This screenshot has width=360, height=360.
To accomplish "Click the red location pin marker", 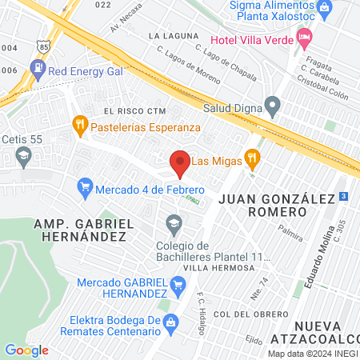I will tap(181, 163).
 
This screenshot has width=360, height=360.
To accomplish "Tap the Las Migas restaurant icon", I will tap(253, 156).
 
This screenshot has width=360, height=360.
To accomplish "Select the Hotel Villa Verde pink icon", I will tap(304, 37).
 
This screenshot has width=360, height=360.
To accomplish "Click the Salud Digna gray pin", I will tap(273, 106).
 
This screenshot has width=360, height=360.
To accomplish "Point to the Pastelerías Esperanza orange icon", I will tap(79, 126).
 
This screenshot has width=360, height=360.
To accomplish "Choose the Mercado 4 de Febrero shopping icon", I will tap(85, 189).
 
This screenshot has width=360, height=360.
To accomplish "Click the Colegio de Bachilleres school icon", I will tap(173, 222).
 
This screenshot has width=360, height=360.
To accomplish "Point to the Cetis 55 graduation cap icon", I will tap(24, 154).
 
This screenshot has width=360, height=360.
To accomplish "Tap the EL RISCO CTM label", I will tap(134, 110).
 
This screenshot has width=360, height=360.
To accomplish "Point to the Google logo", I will tap(26, 350).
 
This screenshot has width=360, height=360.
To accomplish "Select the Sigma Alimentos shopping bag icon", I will tap(324, 9).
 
